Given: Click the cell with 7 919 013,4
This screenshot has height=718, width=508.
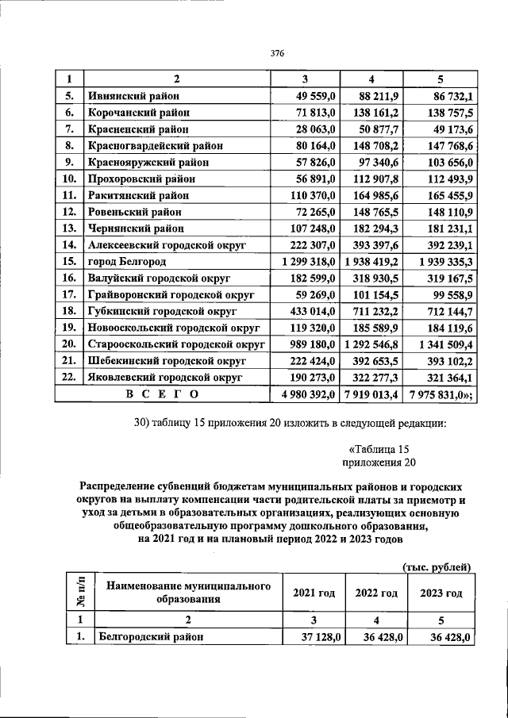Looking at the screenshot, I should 372,394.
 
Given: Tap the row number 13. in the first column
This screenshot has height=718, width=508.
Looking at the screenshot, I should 69,228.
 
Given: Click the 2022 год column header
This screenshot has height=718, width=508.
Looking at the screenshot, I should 376,593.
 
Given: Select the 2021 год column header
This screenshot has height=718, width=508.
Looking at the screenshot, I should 314,593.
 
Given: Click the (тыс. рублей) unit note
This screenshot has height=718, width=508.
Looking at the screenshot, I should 437,566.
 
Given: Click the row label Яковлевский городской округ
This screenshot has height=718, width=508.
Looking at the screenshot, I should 164,377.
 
